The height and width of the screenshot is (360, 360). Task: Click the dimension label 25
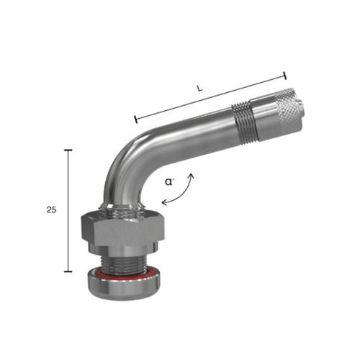coord(51,210)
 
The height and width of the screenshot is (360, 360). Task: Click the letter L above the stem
coord(199,89)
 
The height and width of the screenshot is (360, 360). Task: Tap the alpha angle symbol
coord(169,182)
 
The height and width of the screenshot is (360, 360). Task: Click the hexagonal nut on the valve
coord(122,229)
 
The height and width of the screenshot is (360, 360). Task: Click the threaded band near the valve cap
coord(245,122)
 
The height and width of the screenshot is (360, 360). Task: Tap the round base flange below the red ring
coord(124,287)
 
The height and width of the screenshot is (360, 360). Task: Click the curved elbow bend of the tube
coord(125,163)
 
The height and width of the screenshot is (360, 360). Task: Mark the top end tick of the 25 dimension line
coord(68,150)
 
